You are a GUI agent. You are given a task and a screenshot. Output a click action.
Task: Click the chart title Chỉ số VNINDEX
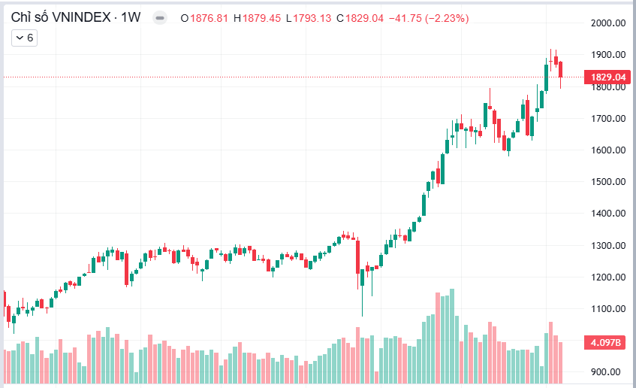point(58,17)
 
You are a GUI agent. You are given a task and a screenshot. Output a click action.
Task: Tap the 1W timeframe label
point(129,17)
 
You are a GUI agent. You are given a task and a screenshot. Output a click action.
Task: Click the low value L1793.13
point(309,17)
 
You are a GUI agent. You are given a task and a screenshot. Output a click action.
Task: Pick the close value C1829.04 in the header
point(362,17)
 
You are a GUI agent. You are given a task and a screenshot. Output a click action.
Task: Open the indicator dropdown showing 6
point(24,37)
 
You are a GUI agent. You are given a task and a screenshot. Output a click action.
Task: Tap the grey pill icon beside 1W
point(158,17)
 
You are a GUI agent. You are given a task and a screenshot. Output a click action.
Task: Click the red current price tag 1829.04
point(607,77)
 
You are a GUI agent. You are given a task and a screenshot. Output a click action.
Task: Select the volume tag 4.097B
point(607,343)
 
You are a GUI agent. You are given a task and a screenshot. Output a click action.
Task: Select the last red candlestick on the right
point(560,69)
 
